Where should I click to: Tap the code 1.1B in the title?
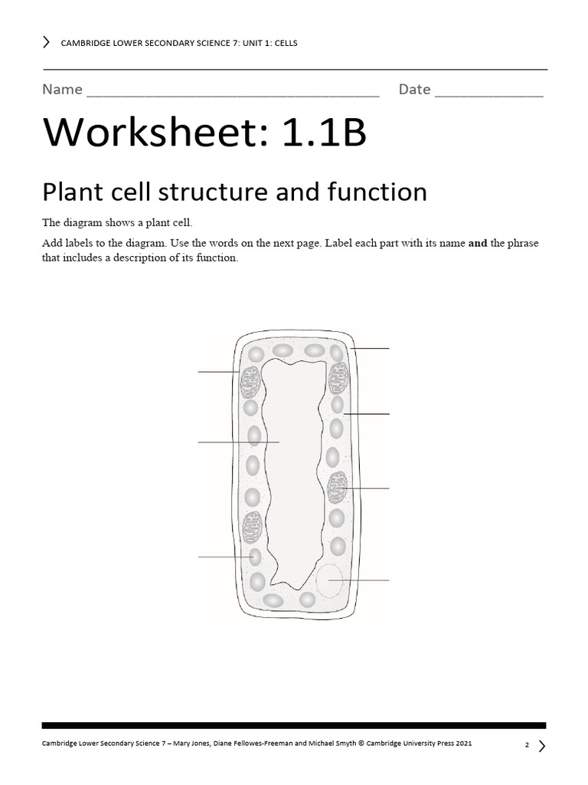pos(325,134)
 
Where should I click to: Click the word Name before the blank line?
pos(62,90)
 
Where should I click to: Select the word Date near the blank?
pos(414,90)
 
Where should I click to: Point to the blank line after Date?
pos(489,95)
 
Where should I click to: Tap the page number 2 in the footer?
pos(527,744)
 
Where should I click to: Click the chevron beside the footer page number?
pos(542,744)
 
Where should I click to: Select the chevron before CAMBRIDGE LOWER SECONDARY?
pos(47,42)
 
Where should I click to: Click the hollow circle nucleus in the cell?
pos(329,580)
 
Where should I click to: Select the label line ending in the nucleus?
pos(360,580)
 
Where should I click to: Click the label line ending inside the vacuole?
pos(237,442)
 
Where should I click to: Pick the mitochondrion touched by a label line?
pos(337,488)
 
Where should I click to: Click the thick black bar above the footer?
pos(294,724)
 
